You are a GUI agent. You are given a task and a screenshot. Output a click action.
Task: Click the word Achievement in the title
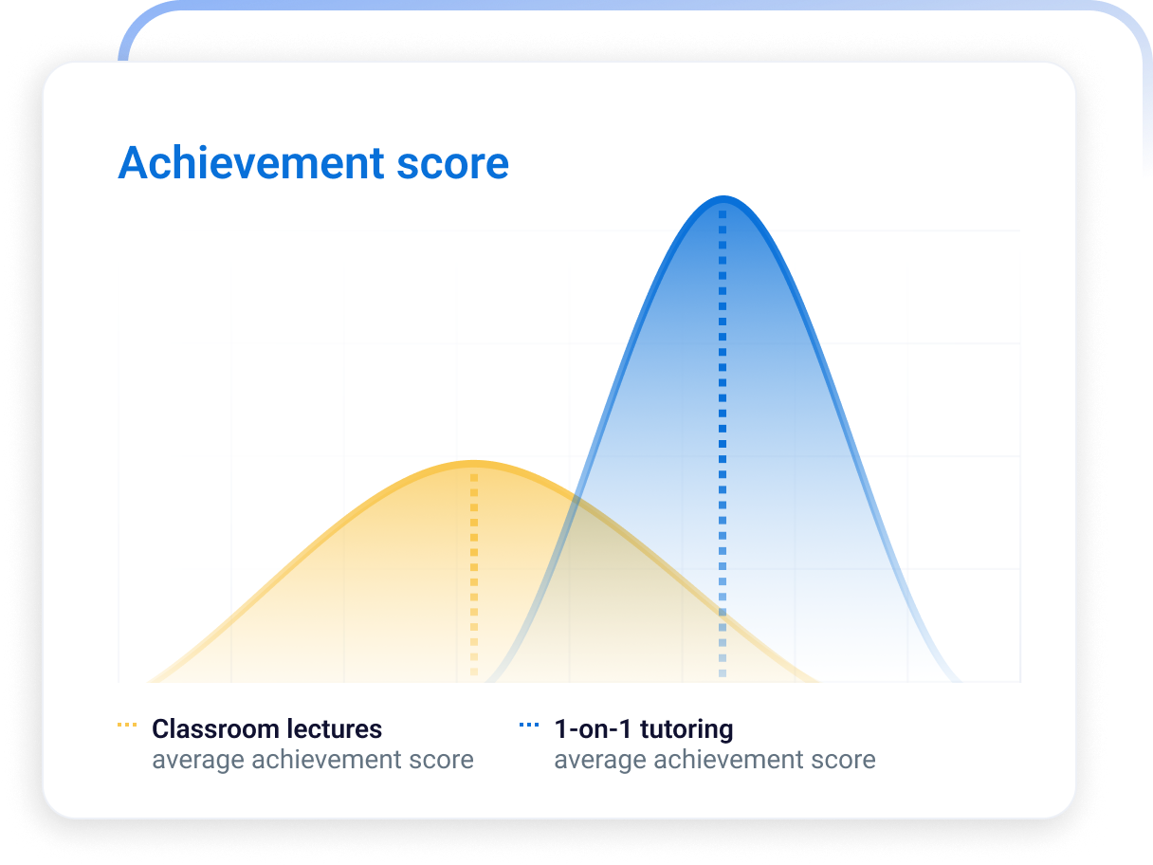click(251, 163)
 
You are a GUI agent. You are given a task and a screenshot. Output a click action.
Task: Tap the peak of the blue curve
click(723, 198)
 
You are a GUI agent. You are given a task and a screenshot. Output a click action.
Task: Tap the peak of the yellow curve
click(474, 463)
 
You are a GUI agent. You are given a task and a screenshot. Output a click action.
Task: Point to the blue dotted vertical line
click(723, 444)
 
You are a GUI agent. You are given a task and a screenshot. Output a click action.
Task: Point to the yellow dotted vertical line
click(474, 575)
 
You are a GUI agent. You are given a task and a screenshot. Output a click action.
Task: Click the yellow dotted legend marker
click(127, 725)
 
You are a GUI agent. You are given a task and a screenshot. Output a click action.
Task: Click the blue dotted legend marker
click(529, 725)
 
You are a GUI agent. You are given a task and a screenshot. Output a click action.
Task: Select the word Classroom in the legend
click(215, 729)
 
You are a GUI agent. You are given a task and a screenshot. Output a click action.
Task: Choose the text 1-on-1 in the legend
click(593, 729)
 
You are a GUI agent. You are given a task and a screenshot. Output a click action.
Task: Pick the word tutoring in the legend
click(686, 730)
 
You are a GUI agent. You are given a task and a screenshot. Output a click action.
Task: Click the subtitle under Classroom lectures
click(313, 760)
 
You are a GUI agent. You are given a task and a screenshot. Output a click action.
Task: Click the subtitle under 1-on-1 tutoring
click(715, 760)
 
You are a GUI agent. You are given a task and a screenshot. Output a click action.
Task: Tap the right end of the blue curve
click(960, 681)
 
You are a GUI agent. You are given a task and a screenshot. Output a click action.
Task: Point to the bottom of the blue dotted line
click(723, 673)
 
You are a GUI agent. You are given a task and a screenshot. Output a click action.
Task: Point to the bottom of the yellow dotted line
click(474, 672)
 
